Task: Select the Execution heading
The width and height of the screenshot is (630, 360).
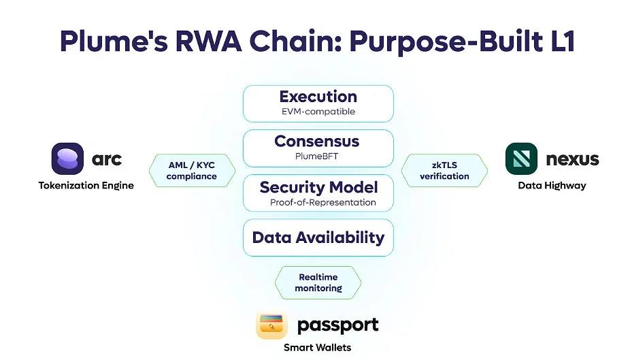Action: pos(318,97)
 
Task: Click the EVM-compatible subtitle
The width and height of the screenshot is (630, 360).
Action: pos(318,112)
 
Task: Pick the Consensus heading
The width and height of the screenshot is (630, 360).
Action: pos(318,142)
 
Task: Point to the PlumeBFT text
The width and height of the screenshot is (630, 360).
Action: pos(318,157)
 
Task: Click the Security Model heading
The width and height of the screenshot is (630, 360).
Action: pos(318,187)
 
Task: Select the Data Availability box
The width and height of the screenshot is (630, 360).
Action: pos(318,238)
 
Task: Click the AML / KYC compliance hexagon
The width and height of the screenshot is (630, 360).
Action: pos(192,170)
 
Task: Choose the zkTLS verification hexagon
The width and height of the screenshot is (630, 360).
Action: pos(444,170)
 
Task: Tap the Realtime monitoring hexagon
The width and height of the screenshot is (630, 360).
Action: pos(318,282)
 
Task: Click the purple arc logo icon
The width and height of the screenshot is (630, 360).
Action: pos(67,159)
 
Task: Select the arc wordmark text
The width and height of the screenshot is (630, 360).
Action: pos(107,159)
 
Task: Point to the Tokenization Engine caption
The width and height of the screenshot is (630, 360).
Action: pos(86,185)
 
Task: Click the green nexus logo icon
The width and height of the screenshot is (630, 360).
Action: pos(521,159)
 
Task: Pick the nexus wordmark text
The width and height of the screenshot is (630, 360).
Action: pos(572,159)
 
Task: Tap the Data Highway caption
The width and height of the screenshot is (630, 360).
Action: pos(552,185)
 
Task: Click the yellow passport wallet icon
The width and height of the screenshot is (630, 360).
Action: pos(272,325)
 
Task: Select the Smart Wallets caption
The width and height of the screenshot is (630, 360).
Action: pos(317,348)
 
